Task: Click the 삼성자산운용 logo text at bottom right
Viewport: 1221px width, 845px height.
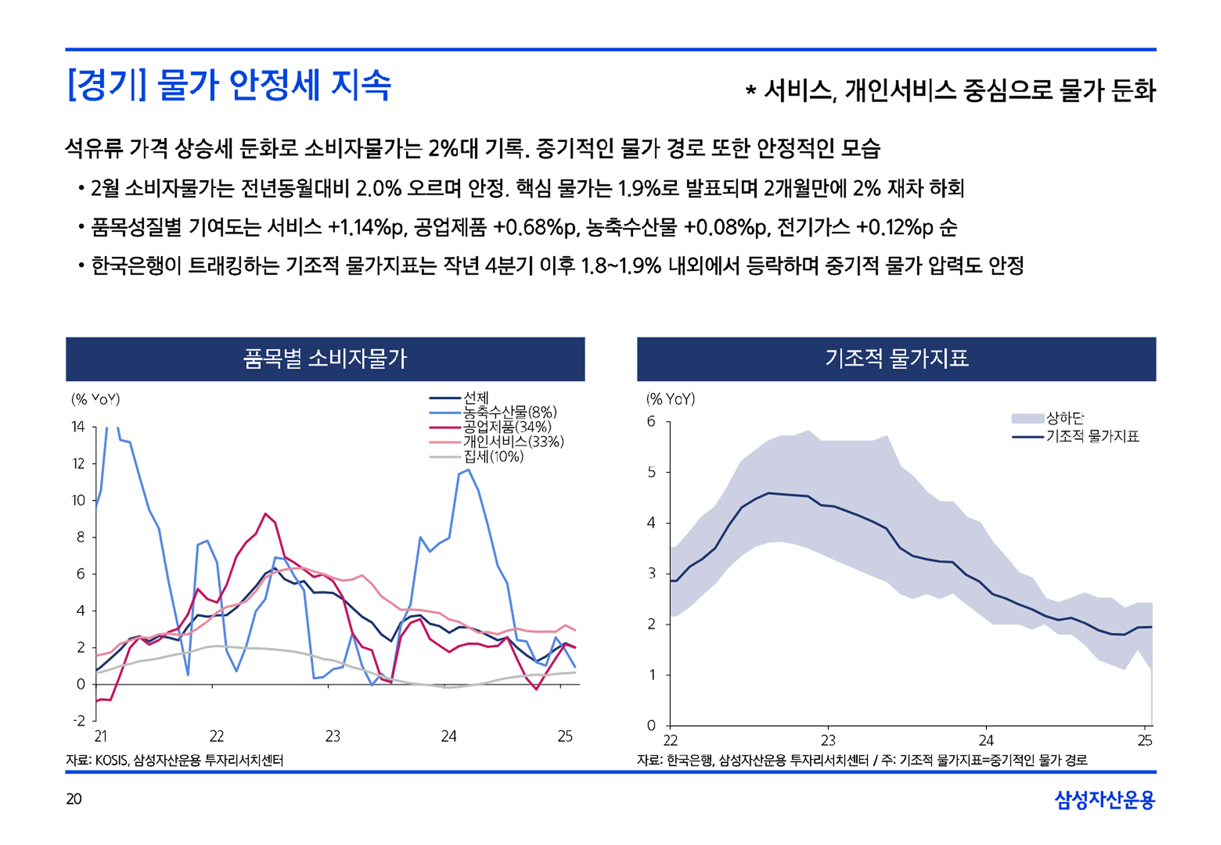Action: (x=1104, y=799)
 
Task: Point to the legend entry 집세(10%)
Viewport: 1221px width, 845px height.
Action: (x=493, y=456)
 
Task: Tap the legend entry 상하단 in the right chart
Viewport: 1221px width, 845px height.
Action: (x=1065, y=418)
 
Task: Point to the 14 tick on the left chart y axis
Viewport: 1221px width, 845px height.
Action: (x=79, y=427)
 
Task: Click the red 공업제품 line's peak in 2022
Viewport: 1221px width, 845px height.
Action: (x=265, y=514)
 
